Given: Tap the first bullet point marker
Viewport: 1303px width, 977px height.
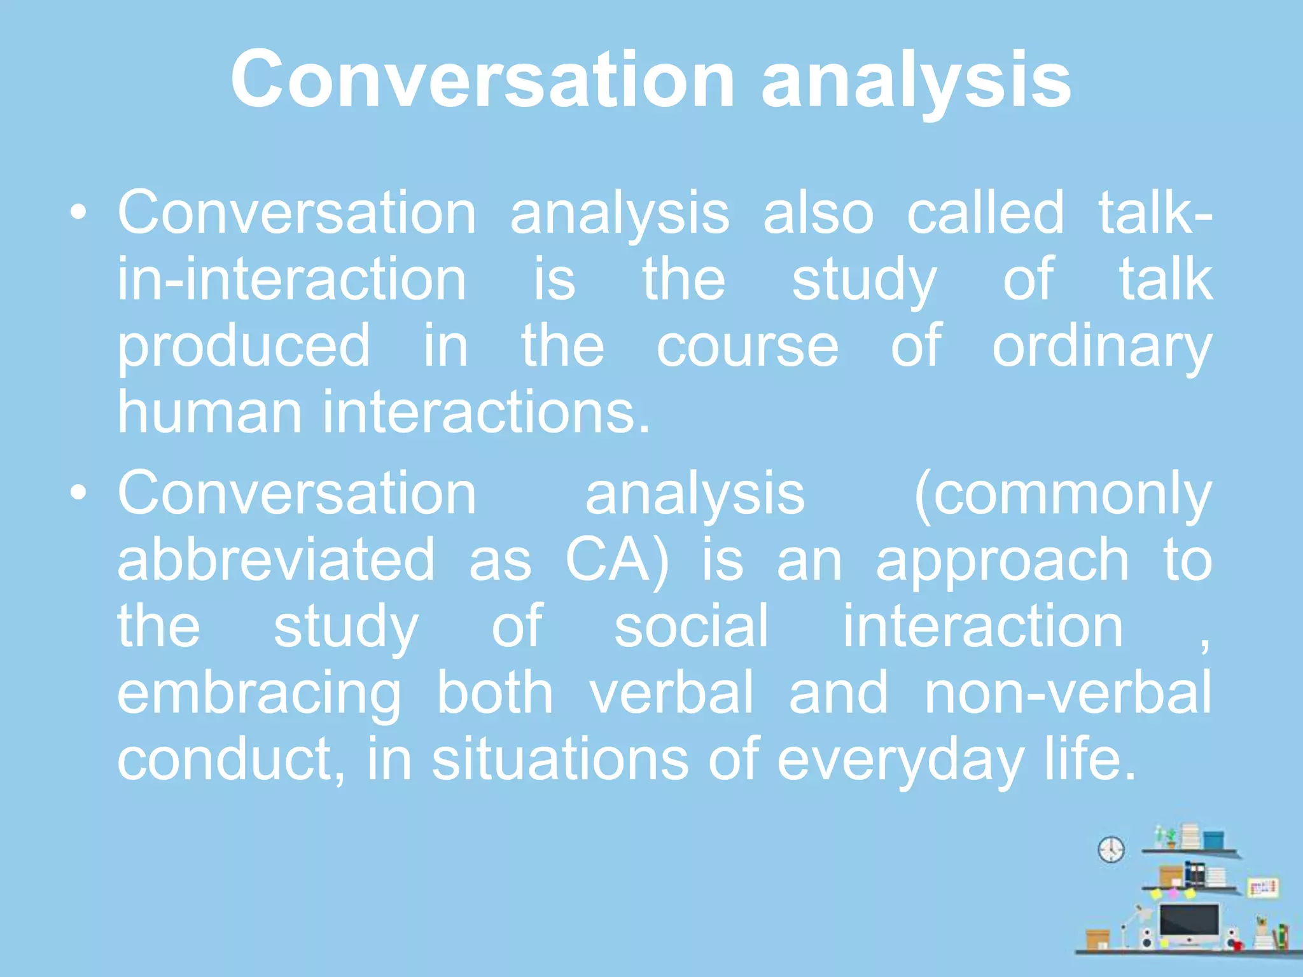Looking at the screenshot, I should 78,213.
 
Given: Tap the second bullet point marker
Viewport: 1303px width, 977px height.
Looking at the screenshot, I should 78,493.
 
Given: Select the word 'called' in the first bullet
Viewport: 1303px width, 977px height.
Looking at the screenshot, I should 985,213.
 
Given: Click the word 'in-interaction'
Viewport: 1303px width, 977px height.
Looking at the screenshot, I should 292,280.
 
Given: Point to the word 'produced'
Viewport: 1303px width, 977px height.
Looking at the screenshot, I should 244,348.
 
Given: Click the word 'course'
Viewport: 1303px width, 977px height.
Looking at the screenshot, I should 747,347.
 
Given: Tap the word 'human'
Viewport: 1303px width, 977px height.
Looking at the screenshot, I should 209,413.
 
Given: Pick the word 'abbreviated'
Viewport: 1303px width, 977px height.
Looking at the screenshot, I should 276,560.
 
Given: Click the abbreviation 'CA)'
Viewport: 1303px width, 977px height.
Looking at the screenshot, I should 617,561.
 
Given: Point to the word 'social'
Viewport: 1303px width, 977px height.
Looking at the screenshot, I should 692,627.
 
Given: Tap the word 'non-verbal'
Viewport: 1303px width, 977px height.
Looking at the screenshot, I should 1068,693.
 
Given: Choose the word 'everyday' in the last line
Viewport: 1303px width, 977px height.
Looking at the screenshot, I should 900,760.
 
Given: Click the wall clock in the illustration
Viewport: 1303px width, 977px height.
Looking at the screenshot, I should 1111,849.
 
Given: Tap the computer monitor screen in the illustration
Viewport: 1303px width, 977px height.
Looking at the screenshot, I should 1188,920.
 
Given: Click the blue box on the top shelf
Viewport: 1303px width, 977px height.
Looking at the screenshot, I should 1213,840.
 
